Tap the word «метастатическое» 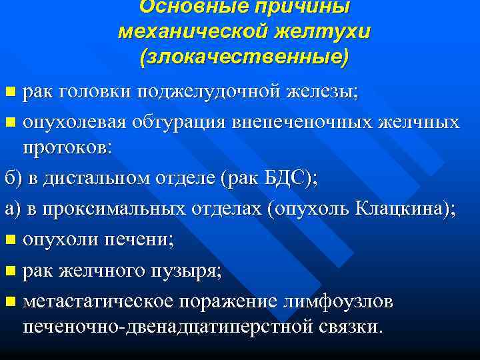point(99,301)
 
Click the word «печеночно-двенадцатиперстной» point(174,327)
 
